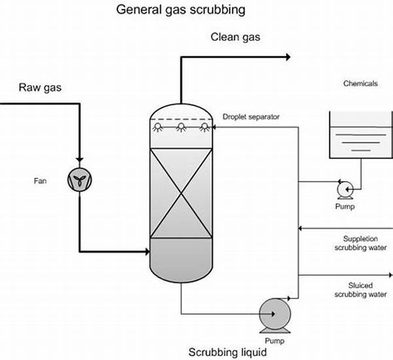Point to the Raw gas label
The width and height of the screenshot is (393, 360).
(40, 88)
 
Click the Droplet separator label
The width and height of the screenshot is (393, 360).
(250, 117)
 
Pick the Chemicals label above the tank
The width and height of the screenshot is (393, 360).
(360, 84)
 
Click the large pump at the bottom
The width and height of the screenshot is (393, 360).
(276, 313)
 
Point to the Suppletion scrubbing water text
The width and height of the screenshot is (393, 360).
(364, 243)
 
